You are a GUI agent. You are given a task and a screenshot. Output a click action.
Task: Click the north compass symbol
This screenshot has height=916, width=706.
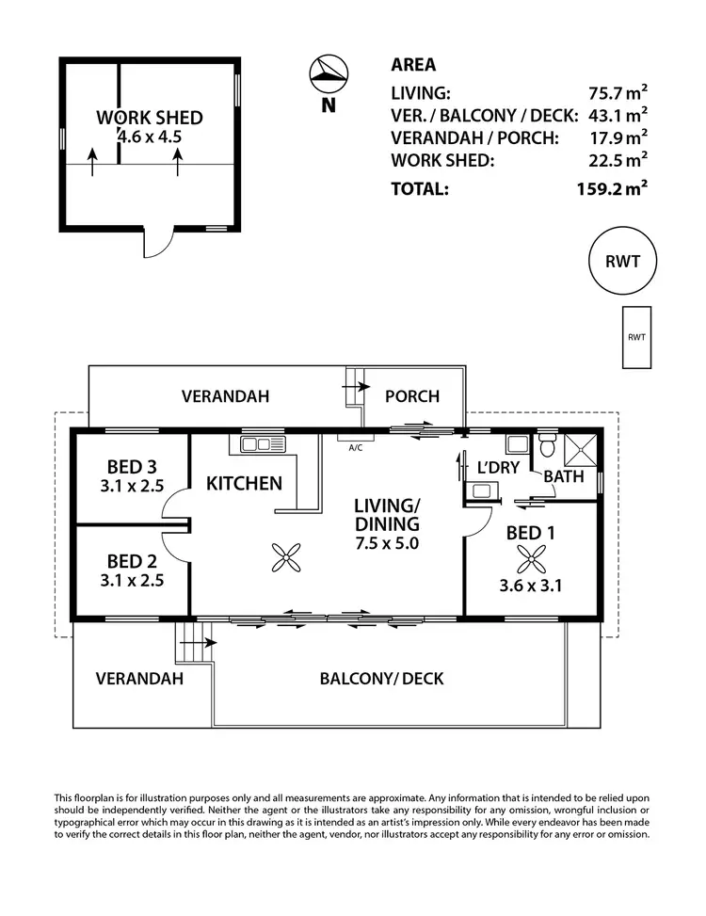[x=328, y=72]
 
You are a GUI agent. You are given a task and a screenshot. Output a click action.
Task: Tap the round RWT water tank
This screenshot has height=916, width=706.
[x=621, y=262]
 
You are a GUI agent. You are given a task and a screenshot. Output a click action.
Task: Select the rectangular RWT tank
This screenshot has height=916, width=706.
[x=636, y=337]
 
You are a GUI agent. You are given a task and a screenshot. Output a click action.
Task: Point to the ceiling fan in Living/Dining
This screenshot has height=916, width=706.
[x=285, y=557]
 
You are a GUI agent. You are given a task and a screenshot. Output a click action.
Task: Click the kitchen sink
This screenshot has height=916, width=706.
[x=263, y=443]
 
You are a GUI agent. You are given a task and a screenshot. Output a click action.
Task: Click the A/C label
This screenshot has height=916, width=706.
[x=356, y=448]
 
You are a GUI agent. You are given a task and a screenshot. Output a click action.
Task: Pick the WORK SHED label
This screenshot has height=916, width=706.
[x=149, y=118]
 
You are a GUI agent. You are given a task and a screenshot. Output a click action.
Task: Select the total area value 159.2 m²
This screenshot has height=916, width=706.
[x=611, y=188]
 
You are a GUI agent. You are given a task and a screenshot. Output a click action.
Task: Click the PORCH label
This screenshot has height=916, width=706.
[x=412, y=396]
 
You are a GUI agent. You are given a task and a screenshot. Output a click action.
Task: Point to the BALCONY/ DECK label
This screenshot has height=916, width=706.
[x=381, y=678]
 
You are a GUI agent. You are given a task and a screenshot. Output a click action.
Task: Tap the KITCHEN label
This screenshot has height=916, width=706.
[x=244, y=484]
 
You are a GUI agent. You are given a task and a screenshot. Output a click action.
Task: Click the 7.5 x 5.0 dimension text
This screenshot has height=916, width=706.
[x=386, y=543]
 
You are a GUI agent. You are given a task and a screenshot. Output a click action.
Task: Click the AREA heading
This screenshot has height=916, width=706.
[x=413, y=65]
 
